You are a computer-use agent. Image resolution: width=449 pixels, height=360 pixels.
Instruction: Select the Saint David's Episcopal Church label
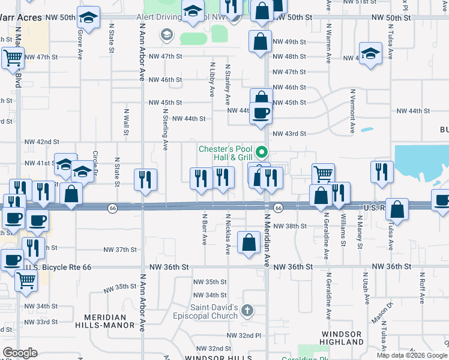pyautogui.click(x=214, y=312)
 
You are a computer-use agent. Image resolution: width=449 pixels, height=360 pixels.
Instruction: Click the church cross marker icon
pyautogui.click(x=247, y=311)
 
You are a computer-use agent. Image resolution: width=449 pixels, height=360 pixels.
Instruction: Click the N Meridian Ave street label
pyautogui.click(x=267, y=240)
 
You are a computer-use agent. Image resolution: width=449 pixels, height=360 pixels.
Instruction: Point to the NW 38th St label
pyautogui.click(x=290, y=226)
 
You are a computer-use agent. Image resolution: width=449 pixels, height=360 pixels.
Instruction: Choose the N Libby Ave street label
pyautogui.click(x=212, y=79)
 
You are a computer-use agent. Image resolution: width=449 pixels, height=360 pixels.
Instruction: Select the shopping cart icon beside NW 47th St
pyautogui.click(x=13, y=59)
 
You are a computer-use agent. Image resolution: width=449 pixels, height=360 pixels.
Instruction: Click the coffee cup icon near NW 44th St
pyautogui.click(x=261, y=112)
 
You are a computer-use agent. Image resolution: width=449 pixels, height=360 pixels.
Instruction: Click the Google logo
pyautogui.click(x=20, y=353)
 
